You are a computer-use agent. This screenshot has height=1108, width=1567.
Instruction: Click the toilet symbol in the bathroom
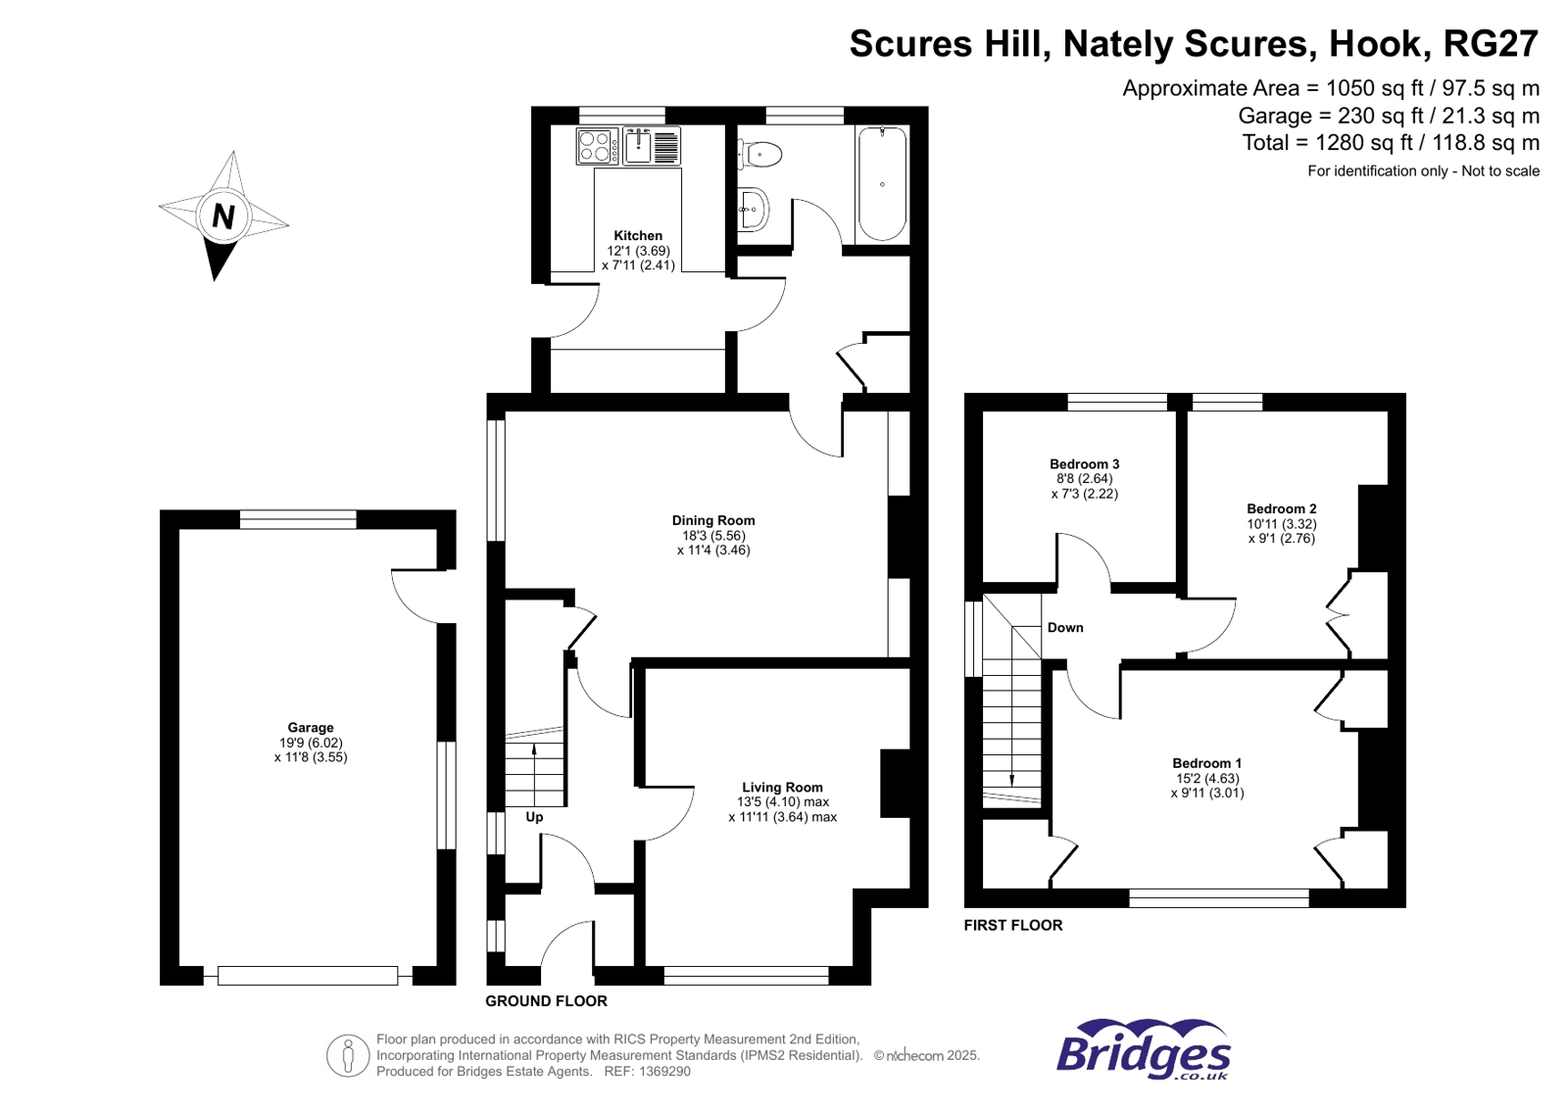[761, 154]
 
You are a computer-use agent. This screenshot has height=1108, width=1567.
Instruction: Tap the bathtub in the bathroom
[881, 184]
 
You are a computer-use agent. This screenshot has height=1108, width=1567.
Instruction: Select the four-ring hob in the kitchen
[597, 147]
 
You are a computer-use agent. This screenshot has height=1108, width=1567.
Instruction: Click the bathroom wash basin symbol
[753, 209]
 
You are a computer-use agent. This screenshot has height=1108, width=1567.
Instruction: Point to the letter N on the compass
[223, 216]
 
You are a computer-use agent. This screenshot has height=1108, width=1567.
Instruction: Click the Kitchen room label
[638, 236]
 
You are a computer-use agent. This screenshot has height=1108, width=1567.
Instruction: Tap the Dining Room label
[713, 520]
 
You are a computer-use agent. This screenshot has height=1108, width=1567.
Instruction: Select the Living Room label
[782, 787]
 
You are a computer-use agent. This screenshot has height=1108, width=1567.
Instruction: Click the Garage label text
[311, 728]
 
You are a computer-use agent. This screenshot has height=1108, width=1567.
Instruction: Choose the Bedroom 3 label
[1084, 464]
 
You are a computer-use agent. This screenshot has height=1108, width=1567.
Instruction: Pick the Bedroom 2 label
[1281, 508]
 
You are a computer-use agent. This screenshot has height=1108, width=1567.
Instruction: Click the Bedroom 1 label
[1206, 763]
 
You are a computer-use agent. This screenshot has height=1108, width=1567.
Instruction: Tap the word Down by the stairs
[1065, 628]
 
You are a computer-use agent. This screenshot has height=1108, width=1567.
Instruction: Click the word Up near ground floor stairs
[534, 817]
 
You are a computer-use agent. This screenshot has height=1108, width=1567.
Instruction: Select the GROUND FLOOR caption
[546, 1001]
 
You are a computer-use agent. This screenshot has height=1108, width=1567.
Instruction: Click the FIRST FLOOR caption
[1012, 925]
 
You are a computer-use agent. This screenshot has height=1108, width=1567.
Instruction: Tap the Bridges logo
[1143, 1050]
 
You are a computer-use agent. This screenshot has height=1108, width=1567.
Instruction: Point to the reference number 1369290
[665, 1072]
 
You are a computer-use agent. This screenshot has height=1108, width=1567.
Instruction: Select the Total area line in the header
[1391, 143]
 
